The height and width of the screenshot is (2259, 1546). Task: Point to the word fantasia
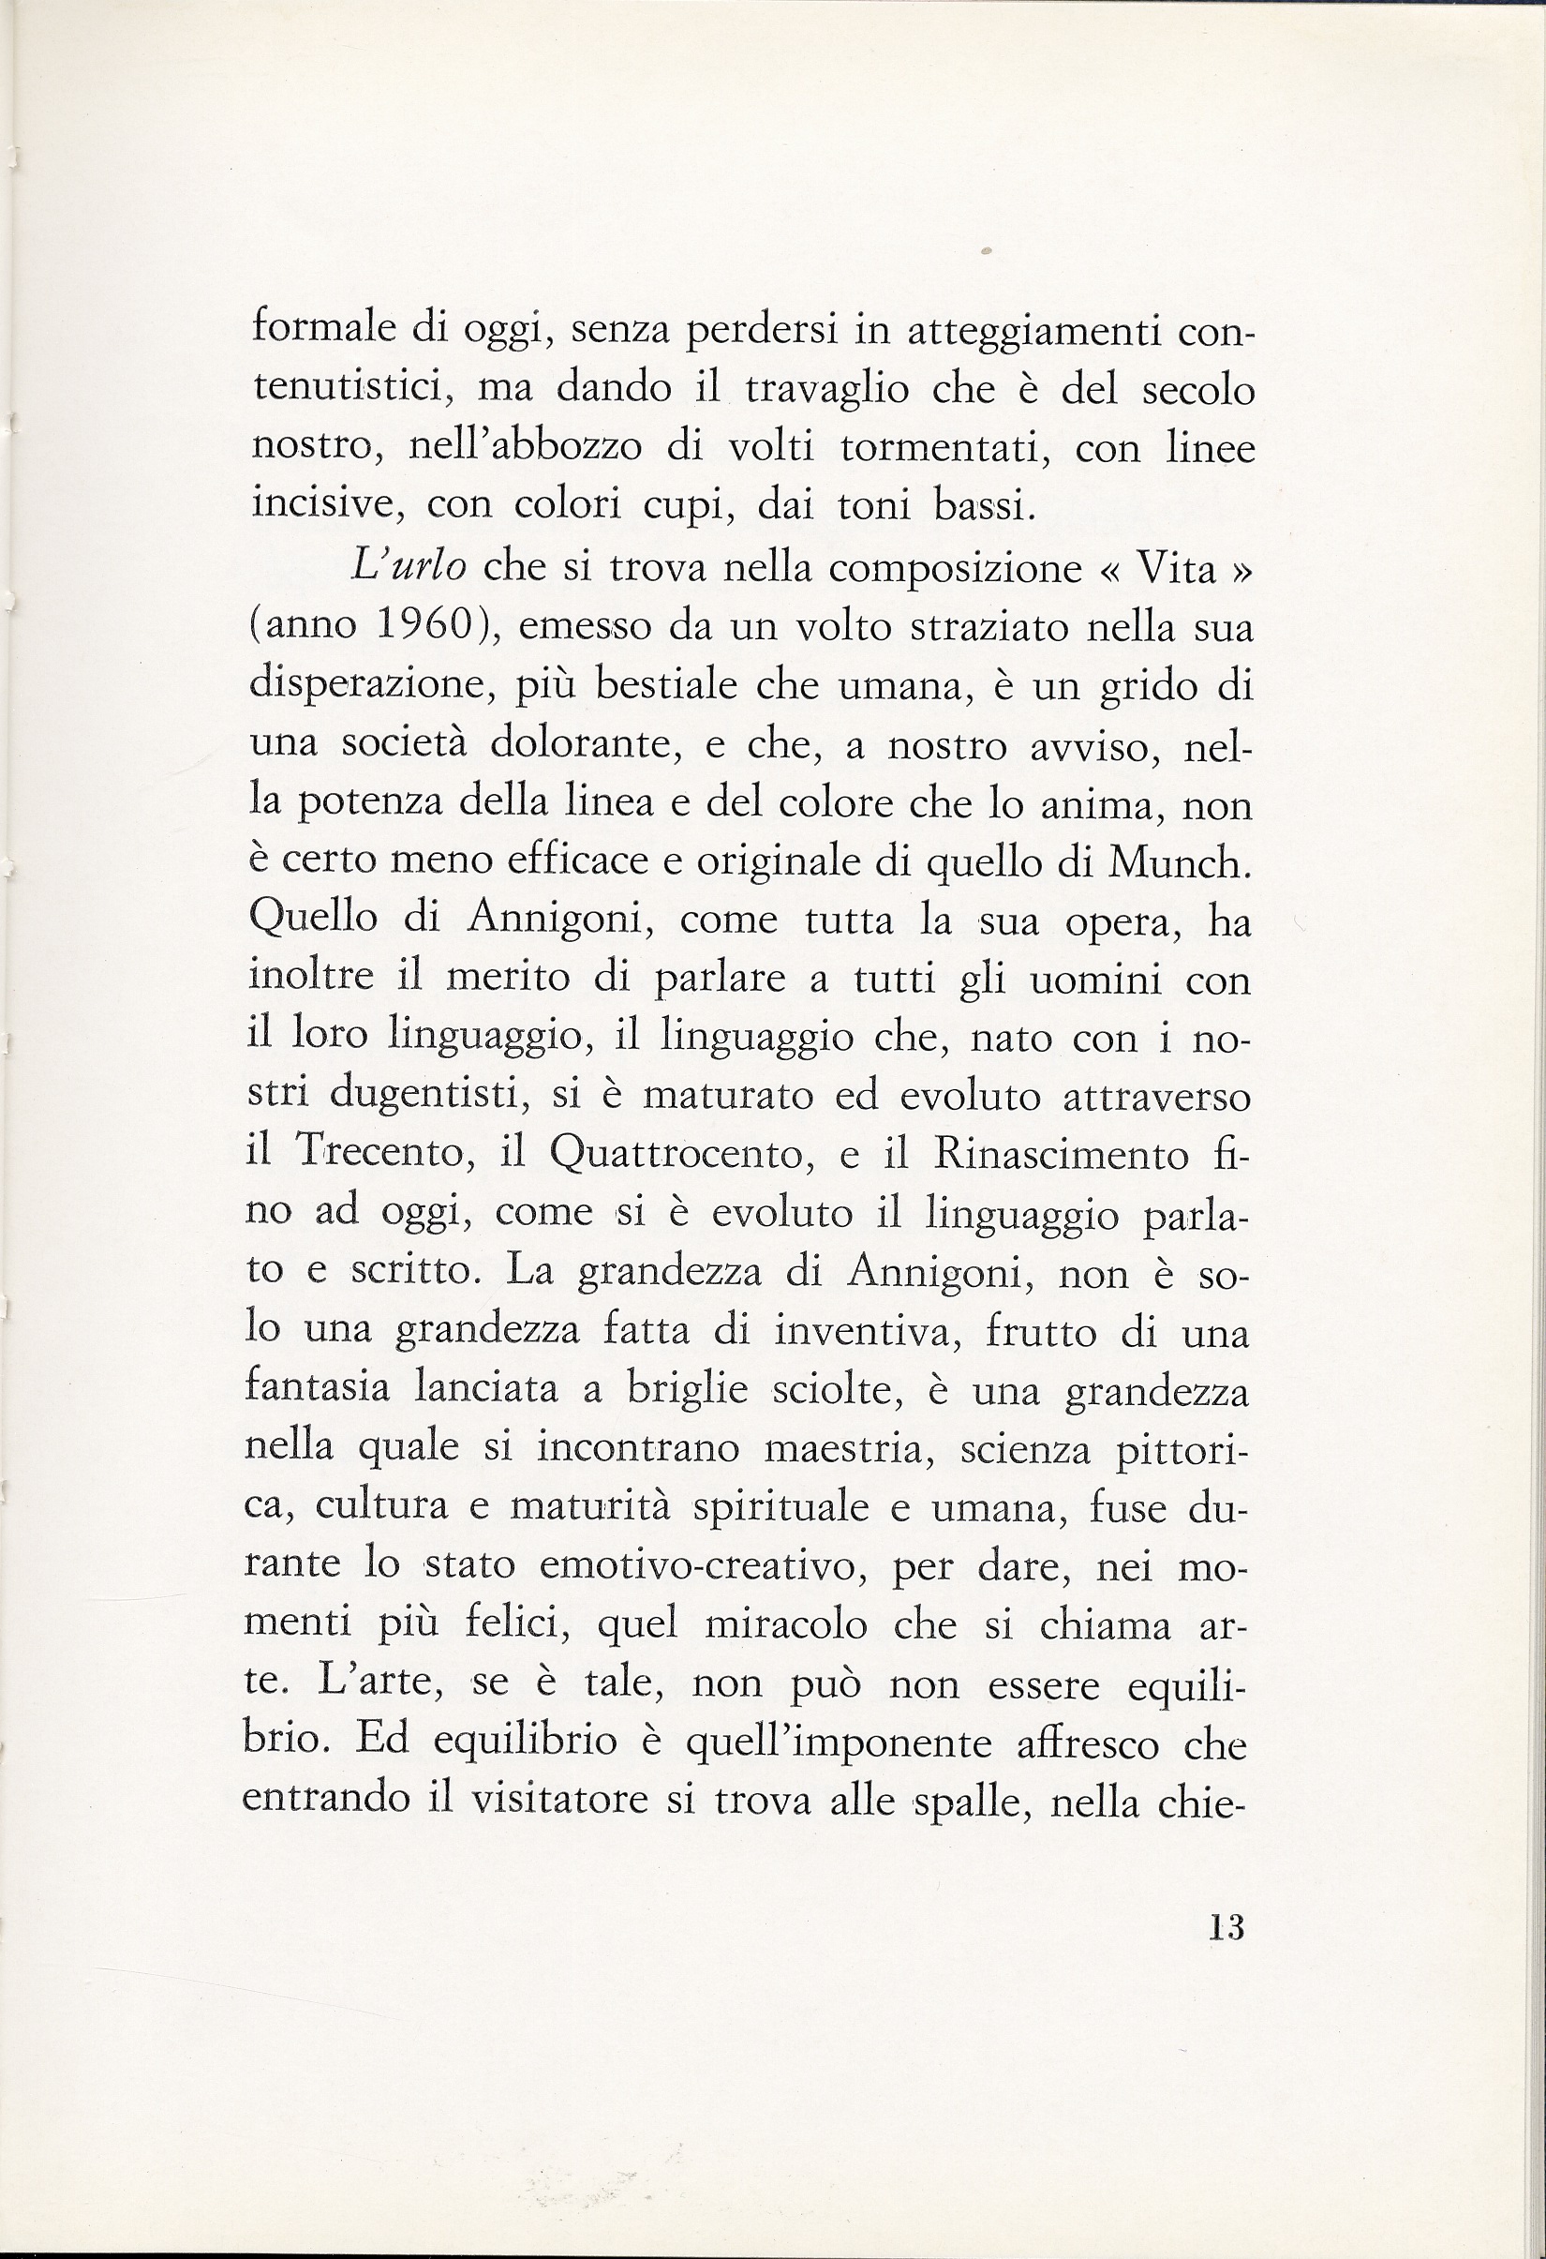(x=316, y=1389)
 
